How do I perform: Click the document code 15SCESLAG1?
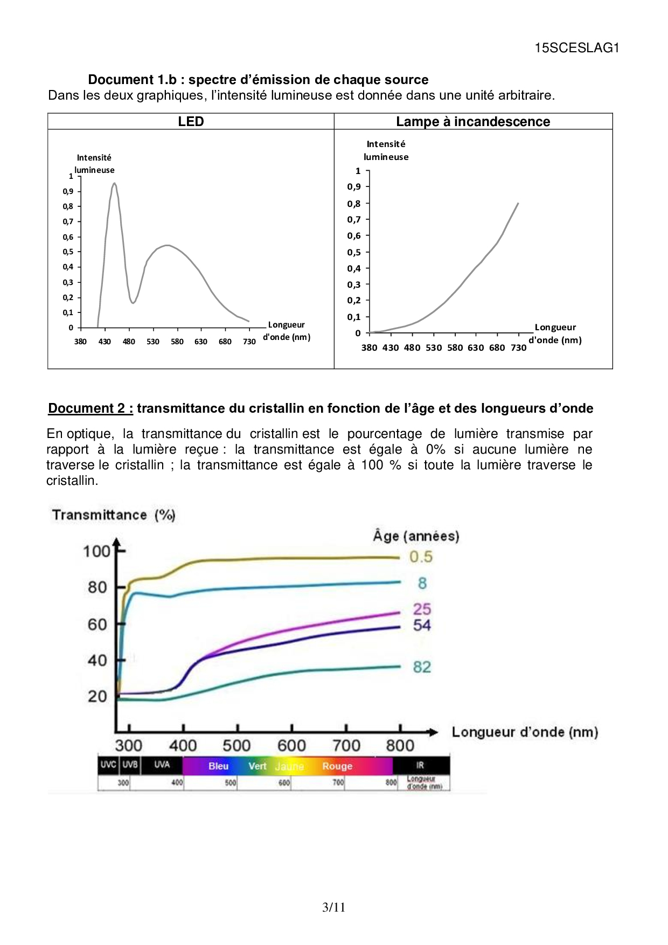point(576,48)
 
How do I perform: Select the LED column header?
point(191,121)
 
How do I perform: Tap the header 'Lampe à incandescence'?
point(473,121)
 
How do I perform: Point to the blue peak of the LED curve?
point(114,184)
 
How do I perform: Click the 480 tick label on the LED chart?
point(129,342)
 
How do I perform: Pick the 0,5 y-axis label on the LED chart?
point(68,252)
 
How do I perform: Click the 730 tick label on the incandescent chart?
point(518,348)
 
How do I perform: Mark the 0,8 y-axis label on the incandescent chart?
point(354,204)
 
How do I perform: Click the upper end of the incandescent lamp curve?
point(518,204)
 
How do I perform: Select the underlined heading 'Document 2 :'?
point(91,408)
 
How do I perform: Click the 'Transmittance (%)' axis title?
point(114,515)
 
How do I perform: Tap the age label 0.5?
point(421,557)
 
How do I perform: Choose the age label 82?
point(422,667)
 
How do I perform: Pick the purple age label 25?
point(422,609)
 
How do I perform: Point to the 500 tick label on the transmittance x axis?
point(236,746)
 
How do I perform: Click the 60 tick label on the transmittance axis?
point(98,624)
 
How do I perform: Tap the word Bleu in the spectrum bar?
point(219,766)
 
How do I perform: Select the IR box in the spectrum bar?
point(420,765)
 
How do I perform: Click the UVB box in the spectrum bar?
point(130,765)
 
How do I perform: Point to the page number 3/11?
point(333,907)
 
